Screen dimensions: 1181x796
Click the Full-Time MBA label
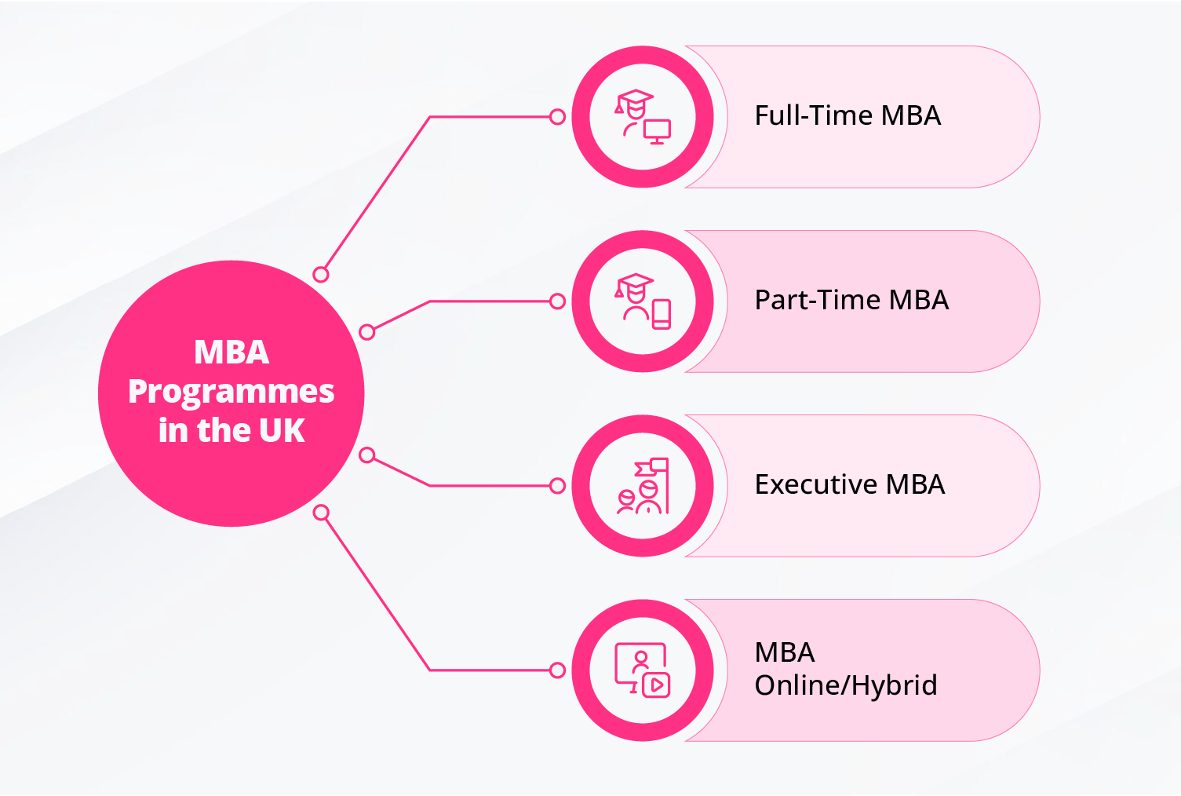point(847,115)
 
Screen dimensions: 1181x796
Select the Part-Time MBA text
point(851,300)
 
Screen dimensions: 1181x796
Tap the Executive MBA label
point(850,484)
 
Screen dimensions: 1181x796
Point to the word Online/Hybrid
point(846,685)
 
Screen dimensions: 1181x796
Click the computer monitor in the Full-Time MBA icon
point(657,131)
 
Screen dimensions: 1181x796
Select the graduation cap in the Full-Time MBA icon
point(634,100)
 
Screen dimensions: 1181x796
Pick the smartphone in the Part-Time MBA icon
point(662,314)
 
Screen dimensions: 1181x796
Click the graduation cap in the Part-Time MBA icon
point(634,285)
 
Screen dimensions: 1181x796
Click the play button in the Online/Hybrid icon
point(656,685)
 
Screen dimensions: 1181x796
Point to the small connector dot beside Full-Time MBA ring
point(557,117)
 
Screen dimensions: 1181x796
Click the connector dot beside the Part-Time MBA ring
point(557,301)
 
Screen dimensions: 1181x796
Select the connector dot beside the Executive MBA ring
point(557,486)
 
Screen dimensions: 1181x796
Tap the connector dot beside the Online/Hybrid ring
point(557,670)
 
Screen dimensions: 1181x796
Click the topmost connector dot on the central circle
point(320,274)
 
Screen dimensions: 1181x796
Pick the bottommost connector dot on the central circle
point(321,513)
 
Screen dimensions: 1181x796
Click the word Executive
point(816,484)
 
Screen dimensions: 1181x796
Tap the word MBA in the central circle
point(231,352)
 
